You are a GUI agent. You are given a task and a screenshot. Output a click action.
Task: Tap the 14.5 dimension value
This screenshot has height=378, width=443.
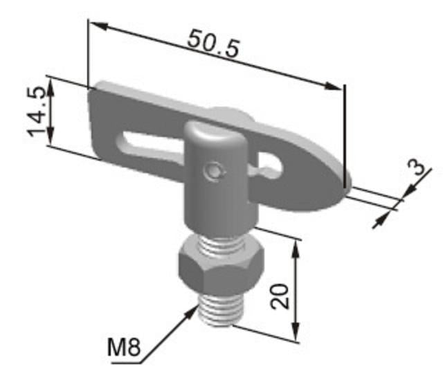[x=39, y=111]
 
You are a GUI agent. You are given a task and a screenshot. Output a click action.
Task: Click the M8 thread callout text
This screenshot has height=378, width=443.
[x=125, y=348]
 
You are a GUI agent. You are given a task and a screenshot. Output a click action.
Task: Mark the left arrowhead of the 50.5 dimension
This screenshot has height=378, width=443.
[x=98, y=26]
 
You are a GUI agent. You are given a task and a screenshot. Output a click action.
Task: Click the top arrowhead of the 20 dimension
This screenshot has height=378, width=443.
[x=296, y=247]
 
